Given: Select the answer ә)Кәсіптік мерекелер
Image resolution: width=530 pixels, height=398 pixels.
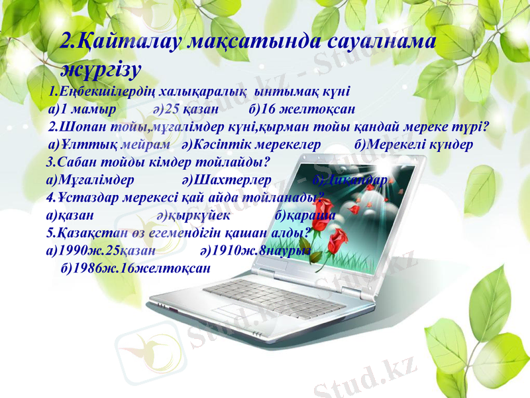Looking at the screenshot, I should pos(251,144).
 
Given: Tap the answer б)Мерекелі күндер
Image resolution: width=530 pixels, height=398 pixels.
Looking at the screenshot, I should pos(413,144).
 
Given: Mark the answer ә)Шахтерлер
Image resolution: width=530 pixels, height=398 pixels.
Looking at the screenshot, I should pos(226,179).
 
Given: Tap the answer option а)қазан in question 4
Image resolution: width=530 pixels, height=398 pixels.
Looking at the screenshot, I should pos(70,215).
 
